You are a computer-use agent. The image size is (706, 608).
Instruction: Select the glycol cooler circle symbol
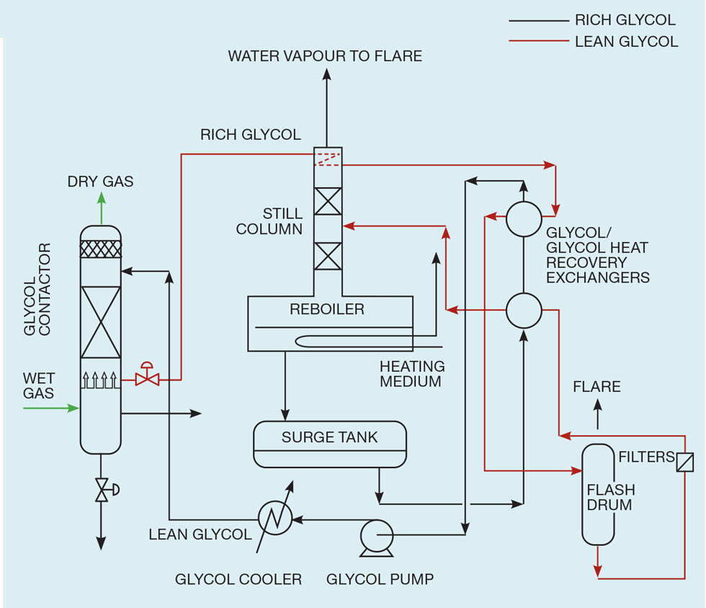274,517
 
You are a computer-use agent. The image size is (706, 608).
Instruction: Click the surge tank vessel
330,444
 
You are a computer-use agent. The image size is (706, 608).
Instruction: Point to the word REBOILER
327,310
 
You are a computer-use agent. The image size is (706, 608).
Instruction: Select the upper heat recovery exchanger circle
524,219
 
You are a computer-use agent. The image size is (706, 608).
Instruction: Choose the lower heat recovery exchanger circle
524,310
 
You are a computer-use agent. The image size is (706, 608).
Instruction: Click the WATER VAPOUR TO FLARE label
325,56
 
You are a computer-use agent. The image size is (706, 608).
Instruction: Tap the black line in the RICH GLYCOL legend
538,21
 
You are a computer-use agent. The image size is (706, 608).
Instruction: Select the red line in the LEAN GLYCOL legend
538,41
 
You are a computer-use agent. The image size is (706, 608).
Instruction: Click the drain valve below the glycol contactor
102,490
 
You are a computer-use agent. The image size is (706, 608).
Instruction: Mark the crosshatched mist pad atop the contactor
101,249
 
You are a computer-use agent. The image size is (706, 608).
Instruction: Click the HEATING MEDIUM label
411,374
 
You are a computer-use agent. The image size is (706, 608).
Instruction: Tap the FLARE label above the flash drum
596,387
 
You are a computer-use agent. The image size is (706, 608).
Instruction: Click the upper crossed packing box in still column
328,201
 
